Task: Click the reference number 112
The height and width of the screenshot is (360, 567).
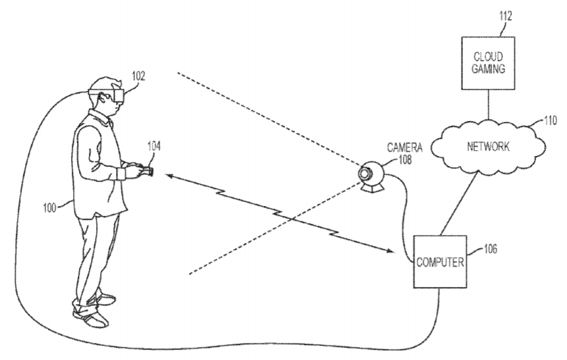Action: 506,16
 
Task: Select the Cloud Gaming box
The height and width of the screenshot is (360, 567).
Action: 488,63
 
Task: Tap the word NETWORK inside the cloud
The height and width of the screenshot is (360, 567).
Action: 488,146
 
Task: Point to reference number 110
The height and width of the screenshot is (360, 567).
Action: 551,120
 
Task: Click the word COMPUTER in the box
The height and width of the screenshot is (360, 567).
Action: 440,262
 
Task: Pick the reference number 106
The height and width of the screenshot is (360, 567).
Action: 491,249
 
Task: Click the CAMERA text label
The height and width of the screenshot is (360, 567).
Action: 404,147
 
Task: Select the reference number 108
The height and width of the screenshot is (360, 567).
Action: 405,159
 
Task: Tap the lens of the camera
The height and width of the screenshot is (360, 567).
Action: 364,174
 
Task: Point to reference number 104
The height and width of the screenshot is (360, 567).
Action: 153,146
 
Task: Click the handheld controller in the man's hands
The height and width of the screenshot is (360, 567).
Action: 145,170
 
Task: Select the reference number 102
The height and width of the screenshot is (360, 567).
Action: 138,76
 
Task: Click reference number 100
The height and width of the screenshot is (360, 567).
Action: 49,208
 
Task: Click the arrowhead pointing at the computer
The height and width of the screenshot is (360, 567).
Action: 390,249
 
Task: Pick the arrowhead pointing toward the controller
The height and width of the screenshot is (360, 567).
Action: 170,176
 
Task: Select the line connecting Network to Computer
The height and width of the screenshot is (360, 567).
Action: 459,203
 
